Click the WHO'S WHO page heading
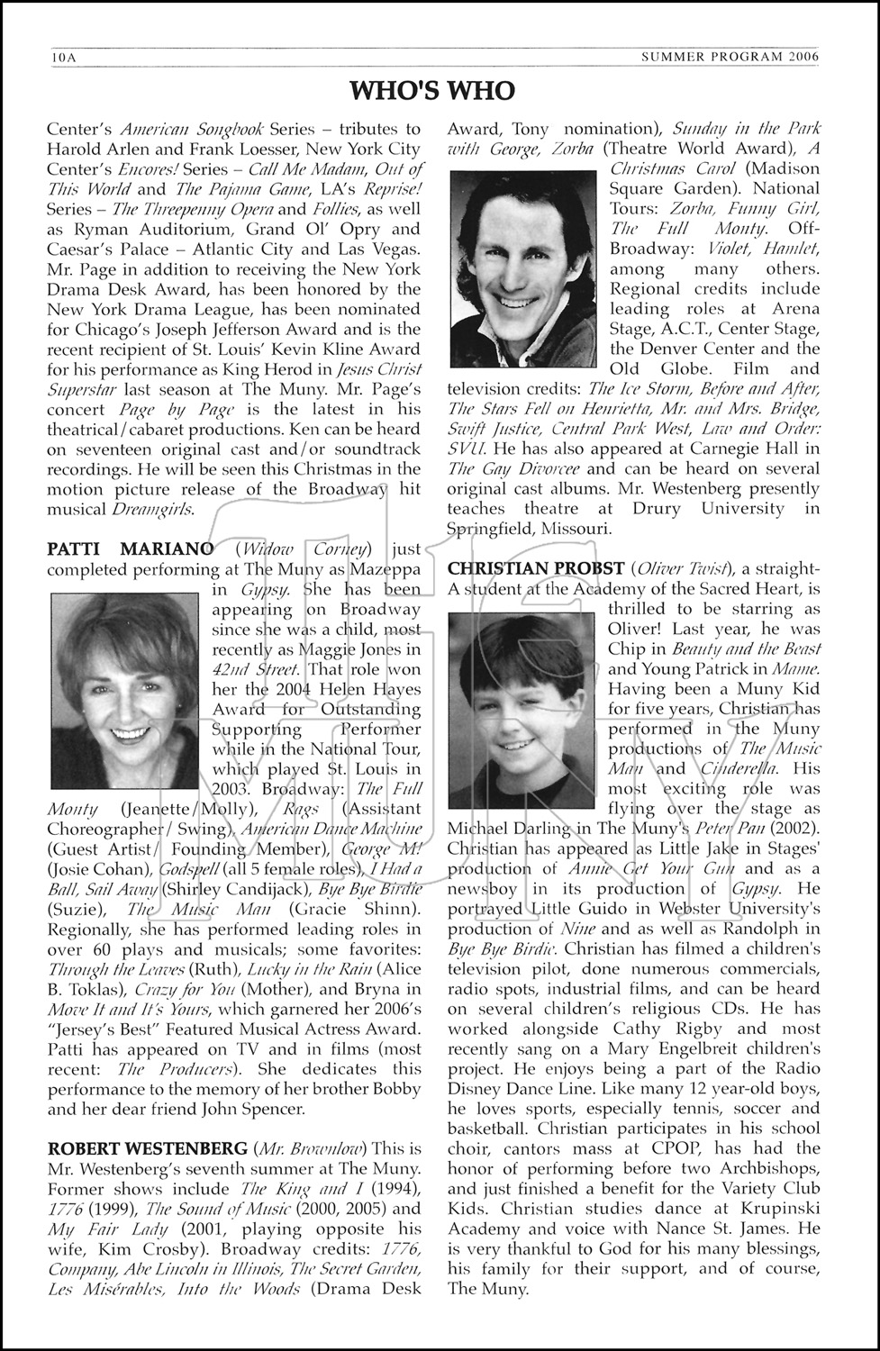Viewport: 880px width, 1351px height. [432, 91]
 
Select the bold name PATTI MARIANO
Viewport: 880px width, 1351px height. [130, 549]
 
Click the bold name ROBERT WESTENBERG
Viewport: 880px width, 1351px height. [147, 1148]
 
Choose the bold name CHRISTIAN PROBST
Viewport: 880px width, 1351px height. [536, 568]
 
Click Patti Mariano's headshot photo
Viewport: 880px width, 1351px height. [124, 677]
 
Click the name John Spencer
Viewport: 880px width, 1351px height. [253, 1109]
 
